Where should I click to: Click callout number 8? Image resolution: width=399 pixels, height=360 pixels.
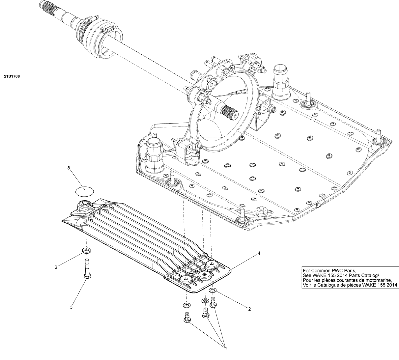click(x=69, y=168)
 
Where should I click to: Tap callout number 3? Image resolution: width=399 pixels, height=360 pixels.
click(x=71, y=307)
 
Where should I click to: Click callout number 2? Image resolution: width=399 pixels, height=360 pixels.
click(x=249, y=309)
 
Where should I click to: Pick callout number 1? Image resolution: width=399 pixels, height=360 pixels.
click(x=225, y=347)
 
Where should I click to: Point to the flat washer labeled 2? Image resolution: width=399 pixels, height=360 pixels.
click(x=213, y=291)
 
